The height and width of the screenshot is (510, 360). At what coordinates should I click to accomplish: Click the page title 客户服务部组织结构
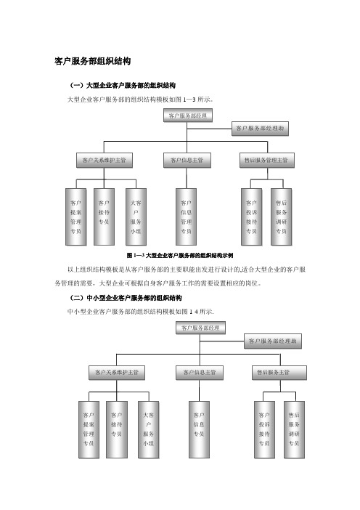[x=93, y=61]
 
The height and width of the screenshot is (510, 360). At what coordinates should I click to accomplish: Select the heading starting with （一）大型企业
[x=122, y=86]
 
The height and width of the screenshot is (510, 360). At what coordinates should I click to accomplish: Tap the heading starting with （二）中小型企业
[x=126, y=298]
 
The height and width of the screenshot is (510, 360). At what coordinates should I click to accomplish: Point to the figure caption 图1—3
[x=180, y=255]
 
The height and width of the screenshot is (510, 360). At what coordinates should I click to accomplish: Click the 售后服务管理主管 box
[x=267, y=161]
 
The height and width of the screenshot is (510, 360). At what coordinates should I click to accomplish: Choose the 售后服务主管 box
[x=279, y=373]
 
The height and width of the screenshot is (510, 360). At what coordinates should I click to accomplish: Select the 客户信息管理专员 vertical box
[x=187, y=216]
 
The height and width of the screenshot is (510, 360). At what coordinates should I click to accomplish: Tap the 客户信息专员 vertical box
[x=199, y=429]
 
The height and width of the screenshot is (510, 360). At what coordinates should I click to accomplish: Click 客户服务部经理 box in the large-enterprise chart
[x=188, y=116]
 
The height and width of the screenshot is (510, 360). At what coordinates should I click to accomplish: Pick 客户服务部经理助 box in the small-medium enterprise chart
[x=273, y=341]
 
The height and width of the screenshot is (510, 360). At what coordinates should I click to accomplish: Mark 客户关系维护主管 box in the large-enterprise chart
[x=105, y=161]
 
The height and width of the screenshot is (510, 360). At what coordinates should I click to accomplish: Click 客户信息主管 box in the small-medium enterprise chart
[x=200, y=373]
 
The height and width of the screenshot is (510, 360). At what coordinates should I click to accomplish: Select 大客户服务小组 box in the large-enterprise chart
[x=136, y=216]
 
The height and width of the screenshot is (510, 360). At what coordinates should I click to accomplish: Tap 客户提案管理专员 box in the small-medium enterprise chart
[x=89, y=429]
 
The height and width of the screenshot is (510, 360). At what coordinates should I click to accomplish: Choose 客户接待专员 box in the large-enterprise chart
[x=104, y=216]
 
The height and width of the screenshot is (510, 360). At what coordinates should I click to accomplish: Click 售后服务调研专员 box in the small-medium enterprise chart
[x=295, y=429]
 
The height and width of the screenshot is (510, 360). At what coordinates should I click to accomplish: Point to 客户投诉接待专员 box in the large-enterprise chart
[x=251, y=216]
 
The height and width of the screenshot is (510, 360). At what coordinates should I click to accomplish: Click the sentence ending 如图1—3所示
[x=140, y=100]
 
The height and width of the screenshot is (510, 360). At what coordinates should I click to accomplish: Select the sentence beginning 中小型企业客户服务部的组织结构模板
[x=140, y=312]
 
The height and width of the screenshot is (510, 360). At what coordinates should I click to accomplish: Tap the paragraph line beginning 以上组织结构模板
[x=187, y=270]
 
